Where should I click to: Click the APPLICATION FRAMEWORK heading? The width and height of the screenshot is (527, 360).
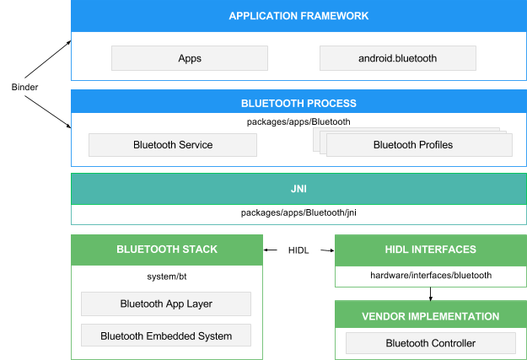click(x=298, y=16)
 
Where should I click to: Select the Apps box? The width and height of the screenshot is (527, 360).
click(x=190, y=58)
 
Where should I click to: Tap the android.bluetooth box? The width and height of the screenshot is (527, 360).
click(x=398, y=58)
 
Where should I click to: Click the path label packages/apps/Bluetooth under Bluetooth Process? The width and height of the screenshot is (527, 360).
click(x=298, y=121)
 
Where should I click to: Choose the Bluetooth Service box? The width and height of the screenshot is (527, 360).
click(x=173, y=145)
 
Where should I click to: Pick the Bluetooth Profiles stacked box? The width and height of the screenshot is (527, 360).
click(x=418, y=145)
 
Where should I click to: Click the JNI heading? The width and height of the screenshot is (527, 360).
click(x=298, y=188)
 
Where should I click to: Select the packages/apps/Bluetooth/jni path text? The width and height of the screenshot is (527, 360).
click(x=298, y=212)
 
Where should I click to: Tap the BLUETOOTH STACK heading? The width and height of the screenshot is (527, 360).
click(x=167, y=250)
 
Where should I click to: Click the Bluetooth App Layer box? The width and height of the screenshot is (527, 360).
click(x=166, y=304)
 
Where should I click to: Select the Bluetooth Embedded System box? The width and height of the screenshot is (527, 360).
click(x=166, y=336)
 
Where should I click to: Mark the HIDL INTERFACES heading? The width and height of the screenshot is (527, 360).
click(x=431, y=250)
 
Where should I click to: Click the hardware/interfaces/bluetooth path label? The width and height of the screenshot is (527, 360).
click(x=431, y=275)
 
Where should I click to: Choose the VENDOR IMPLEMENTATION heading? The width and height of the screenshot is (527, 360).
click(x=431, y=316)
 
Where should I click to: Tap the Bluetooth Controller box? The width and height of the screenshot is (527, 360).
click(x=431, y=343)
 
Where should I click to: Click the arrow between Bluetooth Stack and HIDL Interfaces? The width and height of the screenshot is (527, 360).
click(x=299, y=250)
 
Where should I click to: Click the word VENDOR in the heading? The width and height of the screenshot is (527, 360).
click(x=385, y=316)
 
